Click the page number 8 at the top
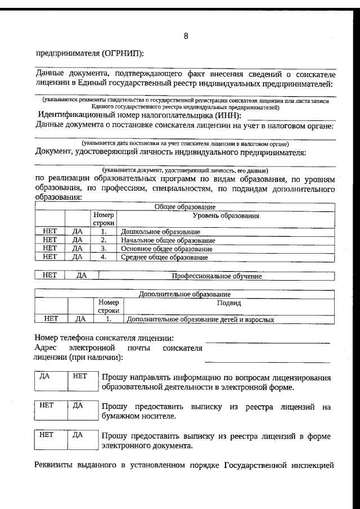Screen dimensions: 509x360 pyautogui.click(x=186, y=37)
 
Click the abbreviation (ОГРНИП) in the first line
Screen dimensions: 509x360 pyautogui.click(x=123, y=53)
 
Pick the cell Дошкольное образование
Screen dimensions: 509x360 pyautogui.click(x=160, y=231)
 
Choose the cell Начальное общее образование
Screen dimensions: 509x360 pyautogui.click(x=168, y=240)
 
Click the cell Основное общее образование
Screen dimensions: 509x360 pyautogui.click(x=166, y=249)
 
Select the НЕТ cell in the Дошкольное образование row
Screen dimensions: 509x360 pyautogui.click(x=50, y=231)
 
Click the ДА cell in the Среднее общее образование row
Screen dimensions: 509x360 pyautogui.click(x=78, y=257)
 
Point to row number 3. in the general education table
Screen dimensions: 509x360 pyautogui.click(x=103, y=249)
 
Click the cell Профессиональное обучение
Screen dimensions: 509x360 pyautogui.click(x=217, y=276)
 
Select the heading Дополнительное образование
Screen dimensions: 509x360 pyautogui.click(x=185, y=294)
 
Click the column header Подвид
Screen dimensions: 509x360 pyautogui.click(x=229, y=303)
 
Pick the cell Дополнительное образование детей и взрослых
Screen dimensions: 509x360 pyautogui.click(x=201, y=319)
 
